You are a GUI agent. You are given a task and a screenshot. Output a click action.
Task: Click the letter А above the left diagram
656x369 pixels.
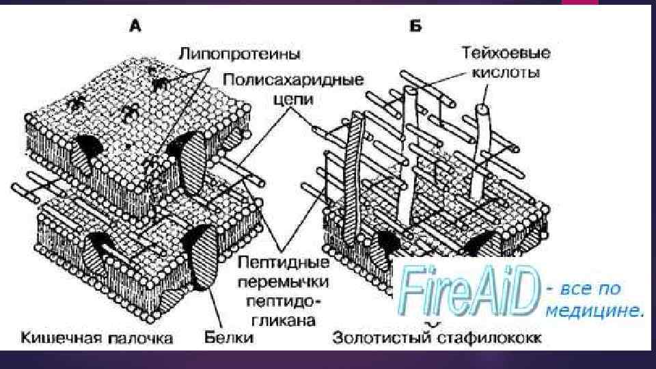point(135,27)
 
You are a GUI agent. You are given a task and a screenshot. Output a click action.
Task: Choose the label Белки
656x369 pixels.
point(229,337)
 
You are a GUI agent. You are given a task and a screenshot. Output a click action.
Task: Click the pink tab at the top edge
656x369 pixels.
point(579,2)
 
